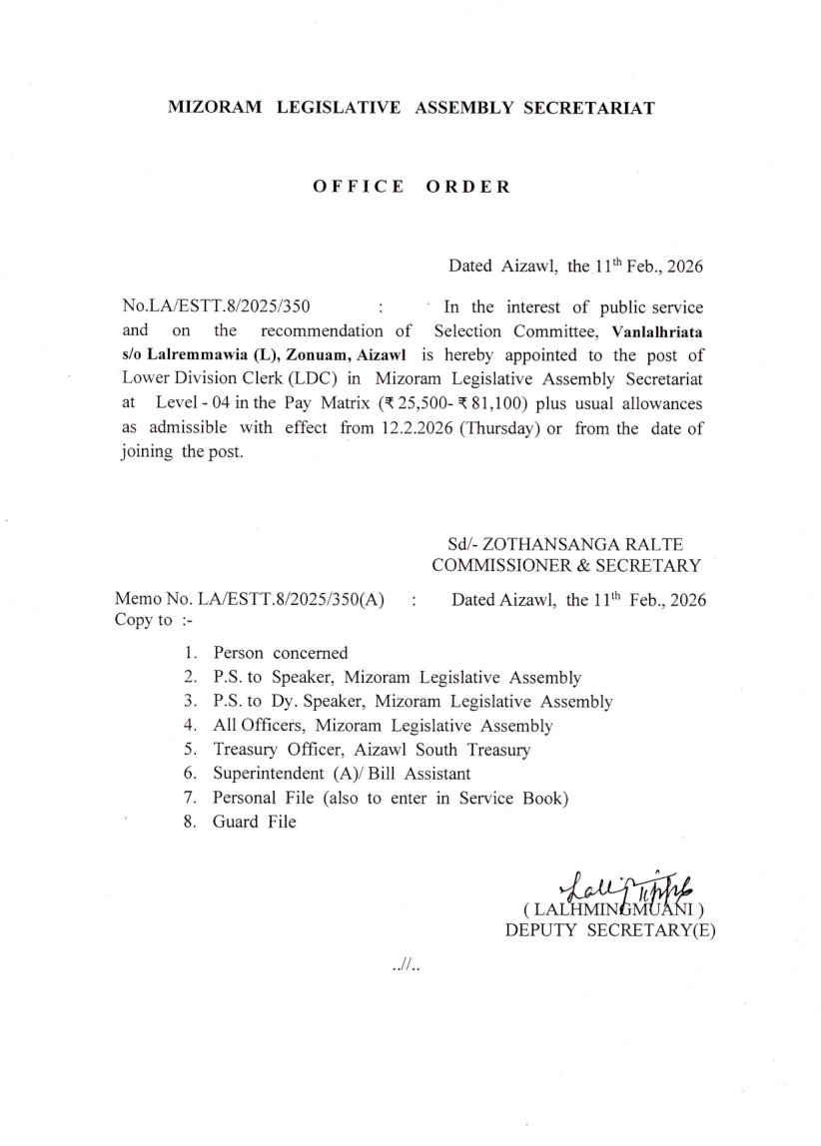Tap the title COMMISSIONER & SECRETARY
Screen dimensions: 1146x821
565,567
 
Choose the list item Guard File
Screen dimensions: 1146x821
254,822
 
